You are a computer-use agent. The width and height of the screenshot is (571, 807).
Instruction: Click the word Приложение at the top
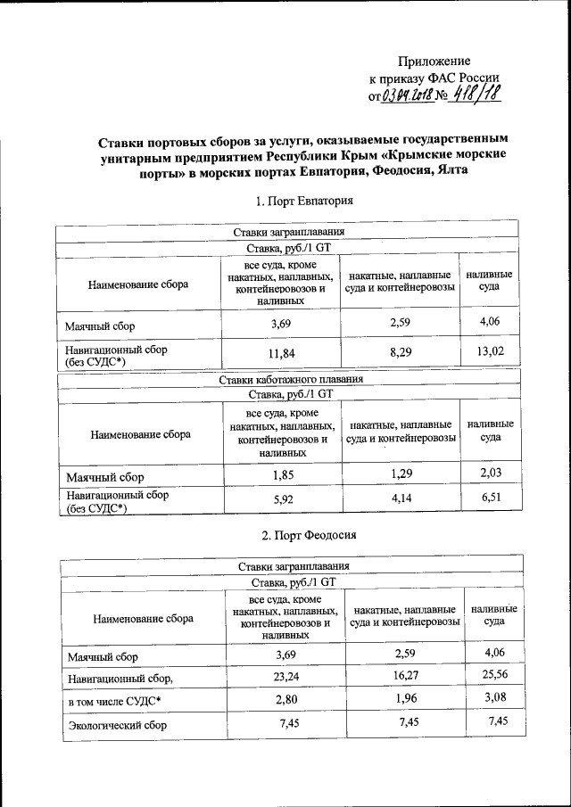coord(433,61)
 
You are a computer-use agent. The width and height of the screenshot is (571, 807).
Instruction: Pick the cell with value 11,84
coord(281,354)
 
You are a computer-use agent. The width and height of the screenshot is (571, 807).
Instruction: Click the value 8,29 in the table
coord(399,354)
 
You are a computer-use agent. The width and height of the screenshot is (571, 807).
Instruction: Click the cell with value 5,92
coord(282,500)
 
